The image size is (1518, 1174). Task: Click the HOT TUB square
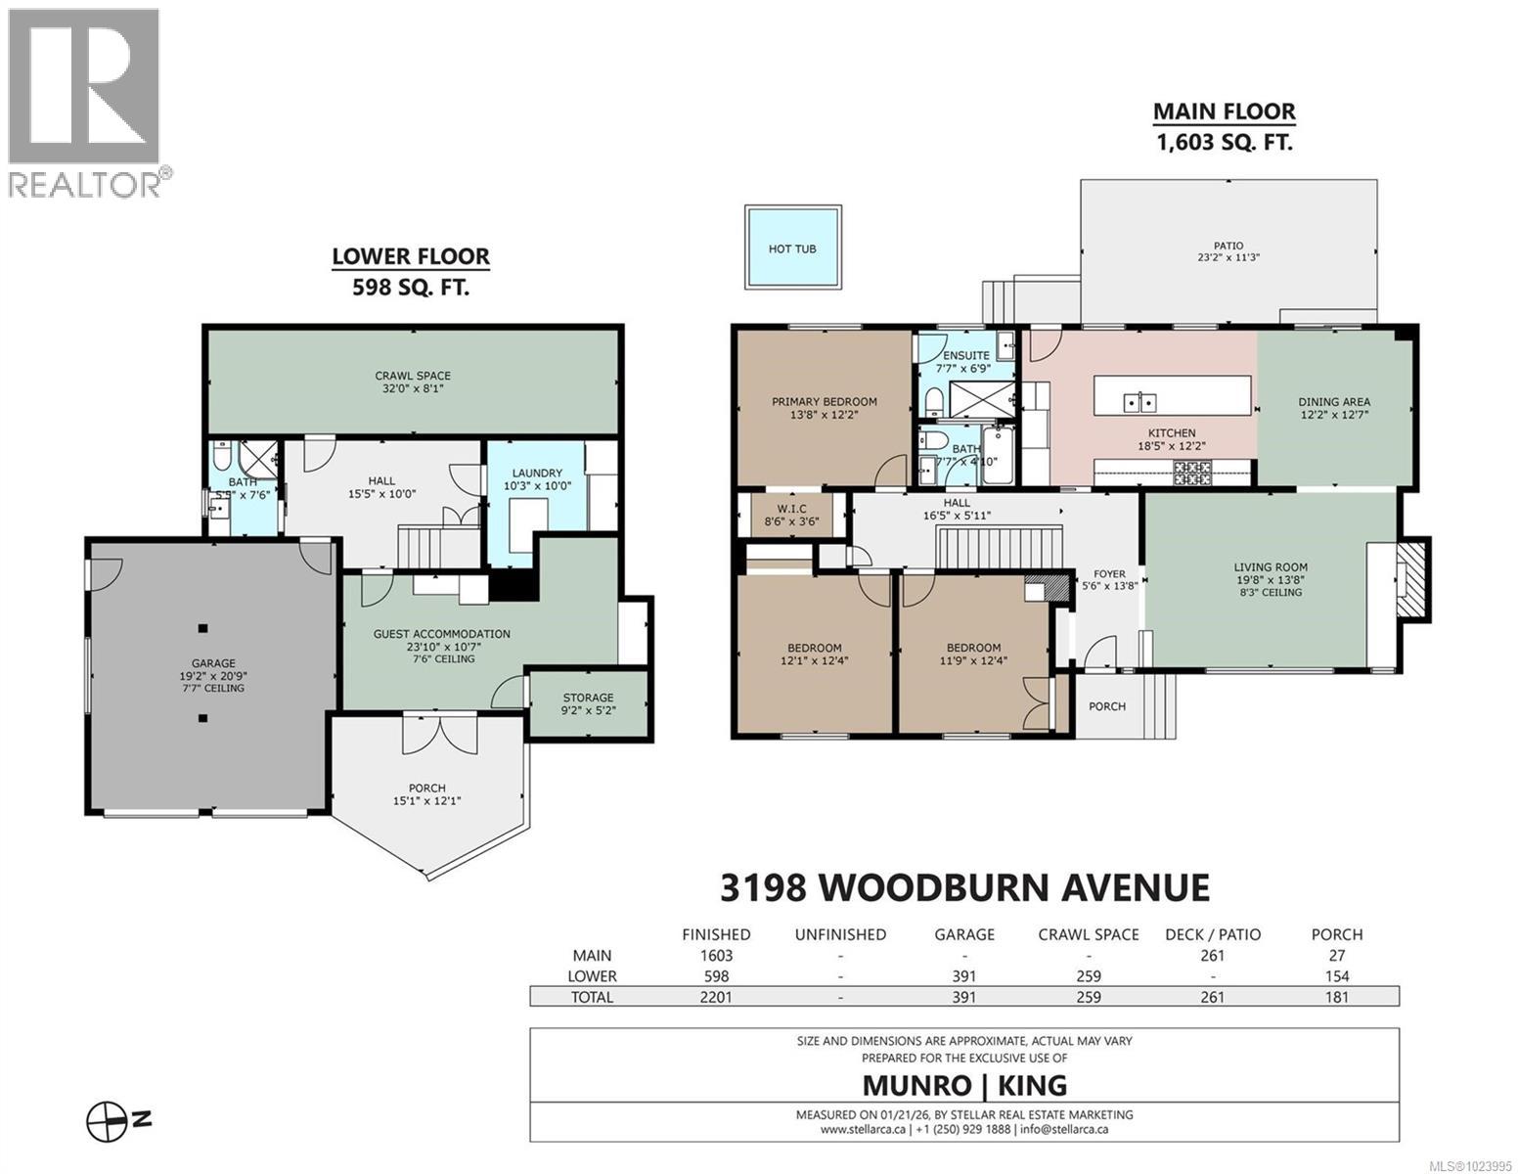(792, 248)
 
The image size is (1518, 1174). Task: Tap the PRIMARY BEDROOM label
(824, 401)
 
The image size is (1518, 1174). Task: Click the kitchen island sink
(1139, 401)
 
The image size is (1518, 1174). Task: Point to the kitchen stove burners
(1192, 474)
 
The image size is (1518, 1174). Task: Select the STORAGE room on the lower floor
(588, 703)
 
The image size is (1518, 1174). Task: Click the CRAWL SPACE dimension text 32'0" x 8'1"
(413, 389)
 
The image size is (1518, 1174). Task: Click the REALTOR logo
(85, 103)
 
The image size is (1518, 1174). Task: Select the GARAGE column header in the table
(964, 934)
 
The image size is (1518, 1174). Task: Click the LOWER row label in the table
(592, 976)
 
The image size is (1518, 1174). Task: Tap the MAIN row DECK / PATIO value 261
(1212, 956)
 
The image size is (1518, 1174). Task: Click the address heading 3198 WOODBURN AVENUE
(964, 887)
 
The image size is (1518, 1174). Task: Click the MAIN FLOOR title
(1224, 112)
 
